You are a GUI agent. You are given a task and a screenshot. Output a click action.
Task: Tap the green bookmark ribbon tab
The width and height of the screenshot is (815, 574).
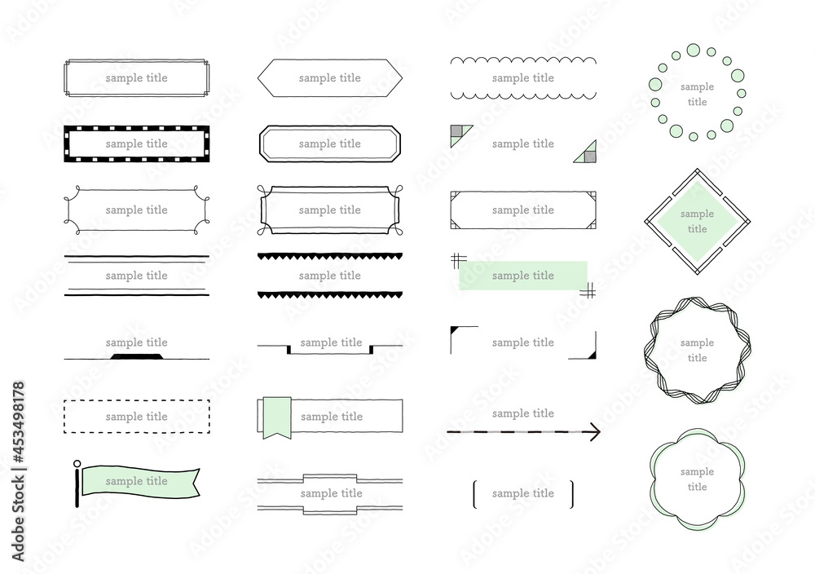tap(276, 417)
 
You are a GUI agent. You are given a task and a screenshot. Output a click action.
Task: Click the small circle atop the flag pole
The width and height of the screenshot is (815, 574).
tap(77, 464)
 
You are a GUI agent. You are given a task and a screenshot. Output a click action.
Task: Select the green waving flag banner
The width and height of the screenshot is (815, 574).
tap(140, 482)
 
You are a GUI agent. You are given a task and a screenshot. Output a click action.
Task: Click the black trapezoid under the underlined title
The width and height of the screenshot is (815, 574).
tap(137, 356)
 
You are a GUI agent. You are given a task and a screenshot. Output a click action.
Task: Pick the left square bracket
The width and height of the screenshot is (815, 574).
tap(475, 494)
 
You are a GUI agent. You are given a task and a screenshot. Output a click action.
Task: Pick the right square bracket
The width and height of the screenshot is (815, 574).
tap(571, 494)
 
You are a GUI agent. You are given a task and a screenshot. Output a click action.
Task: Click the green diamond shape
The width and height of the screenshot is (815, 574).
tap(697, 222)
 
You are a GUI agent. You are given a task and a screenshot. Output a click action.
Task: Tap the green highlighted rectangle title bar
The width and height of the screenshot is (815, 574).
tap(523, 276)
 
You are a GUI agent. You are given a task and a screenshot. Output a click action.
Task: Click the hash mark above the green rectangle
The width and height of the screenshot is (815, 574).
tap(458, 260)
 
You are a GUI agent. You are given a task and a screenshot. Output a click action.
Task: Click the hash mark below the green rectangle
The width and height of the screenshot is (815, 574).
tap(588, 291)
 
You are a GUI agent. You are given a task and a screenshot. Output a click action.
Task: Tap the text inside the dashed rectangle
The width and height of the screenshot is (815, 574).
tap(137, 417)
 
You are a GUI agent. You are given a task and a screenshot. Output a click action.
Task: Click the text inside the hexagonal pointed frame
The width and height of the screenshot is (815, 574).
tap(330, 78)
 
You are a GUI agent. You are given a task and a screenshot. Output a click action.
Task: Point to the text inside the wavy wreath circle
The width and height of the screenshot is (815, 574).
tap(697, 350)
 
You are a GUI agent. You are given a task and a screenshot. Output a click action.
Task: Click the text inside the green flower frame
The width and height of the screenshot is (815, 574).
tap(697, 479)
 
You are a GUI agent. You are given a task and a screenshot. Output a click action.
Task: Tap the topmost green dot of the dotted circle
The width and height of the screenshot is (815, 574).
tap(694, 51)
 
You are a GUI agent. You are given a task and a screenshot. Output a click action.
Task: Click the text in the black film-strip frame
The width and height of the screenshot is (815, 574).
tap(137, 144)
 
